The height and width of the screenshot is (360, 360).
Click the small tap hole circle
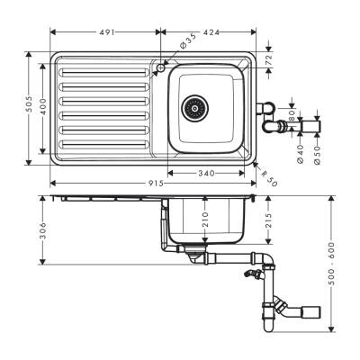160,67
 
